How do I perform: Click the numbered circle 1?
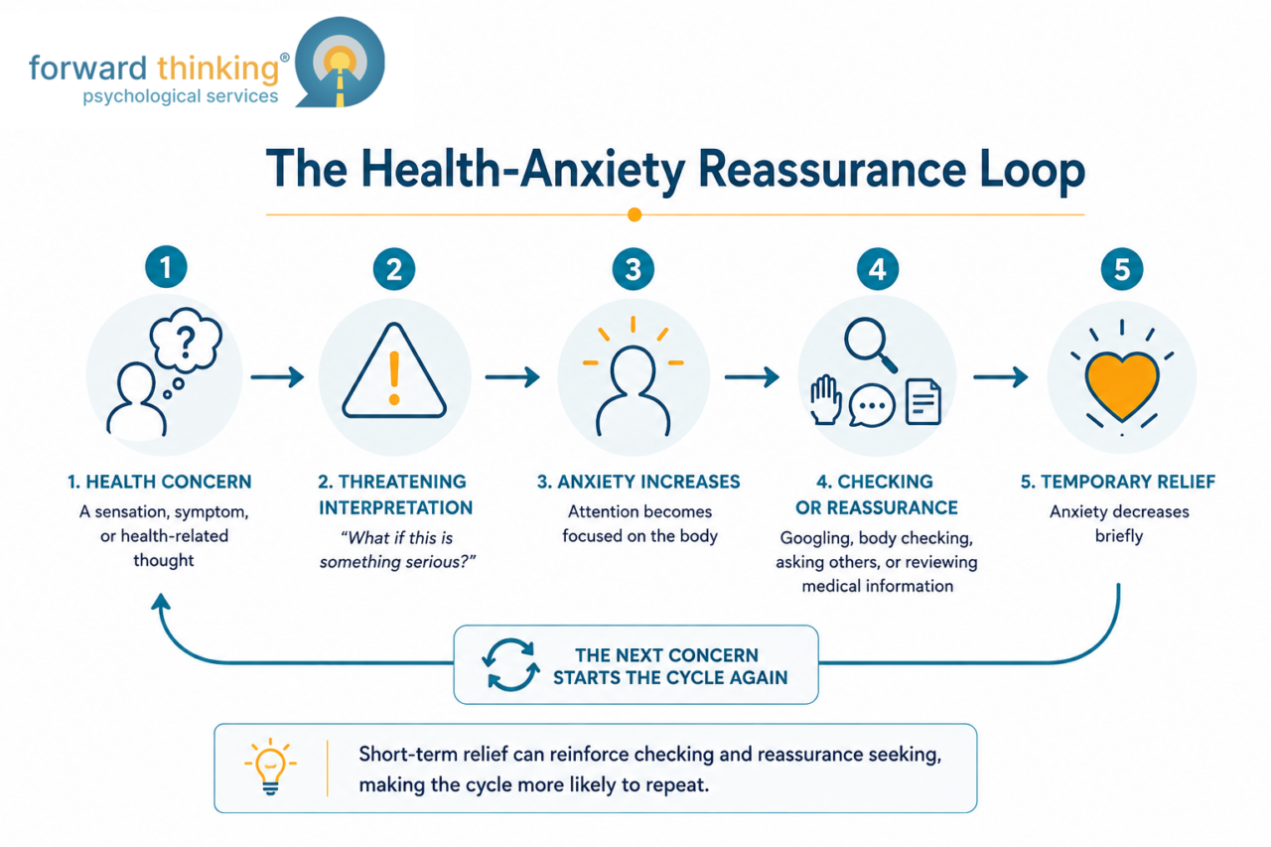tap(166, 267)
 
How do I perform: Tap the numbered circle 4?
tap(877, 269)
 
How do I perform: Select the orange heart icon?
tap(1121, 385)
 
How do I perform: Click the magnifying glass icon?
tap(871, 345)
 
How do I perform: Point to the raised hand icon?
tap(825, 400)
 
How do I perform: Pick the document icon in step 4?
tap(923, 402)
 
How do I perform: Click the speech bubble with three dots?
tap(872, 405)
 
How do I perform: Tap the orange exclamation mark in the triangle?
tap(394, 377)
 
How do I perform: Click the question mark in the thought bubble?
tap(186, 343)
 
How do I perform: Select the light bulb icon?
tap(271, 767)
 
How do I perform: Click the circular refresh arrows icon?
tap(510, 664)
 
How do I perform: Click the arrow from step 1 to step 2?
tap(277, 376)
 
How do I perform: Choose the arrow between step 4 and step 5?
tap(1000, 376)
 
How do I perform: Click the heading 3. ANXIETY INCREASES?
tap(638, 482)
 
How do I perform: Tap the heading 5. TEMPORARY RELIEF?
tap(1118, 482)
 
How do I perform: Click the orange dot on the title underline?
tap(635, 214)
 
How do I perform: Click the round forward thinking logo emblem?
tap(340, 62)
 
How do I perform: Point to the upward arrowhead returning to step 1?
tap(161, 602)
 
